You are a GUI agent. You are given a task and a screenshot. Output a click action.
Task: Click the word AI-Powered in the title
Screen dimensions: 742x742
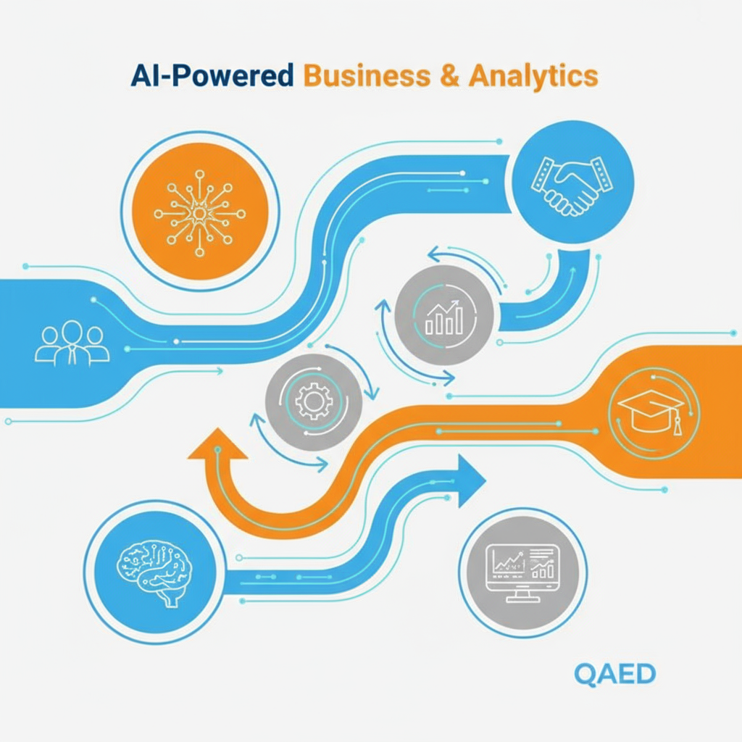pyautogui.click(x=212, y=76)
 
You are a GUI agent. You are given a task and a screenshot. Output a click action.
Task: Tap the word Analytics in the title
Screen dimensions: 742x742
pyautogui.click(x=533, y=76)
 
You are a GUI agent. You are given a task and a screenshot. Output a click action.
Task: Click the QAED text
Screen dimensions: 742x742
pyautogui.click(x=614, y=674)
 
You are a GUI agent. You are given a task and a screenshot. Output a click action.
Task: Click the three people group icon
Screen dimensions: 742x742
pyautogui.click(x=72, y=343)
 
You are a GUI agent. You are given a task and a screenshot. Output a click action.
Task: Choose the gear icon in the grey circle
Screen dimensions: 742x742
pyautogui.click(x=314, y=401)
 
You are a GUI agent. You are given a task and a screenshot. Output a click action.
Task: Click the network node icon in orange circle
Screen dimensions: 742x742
pyautogui.click(x=199, y=212)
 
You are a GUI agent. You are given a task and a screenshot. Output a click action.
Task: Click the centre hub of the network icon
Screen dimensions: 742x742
pyautogui.click(x=199, y=212)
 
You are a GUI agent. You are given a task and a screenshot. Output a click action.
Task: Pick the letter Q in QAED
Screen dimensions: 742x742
pyautogui.click(x=585, y=674)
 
